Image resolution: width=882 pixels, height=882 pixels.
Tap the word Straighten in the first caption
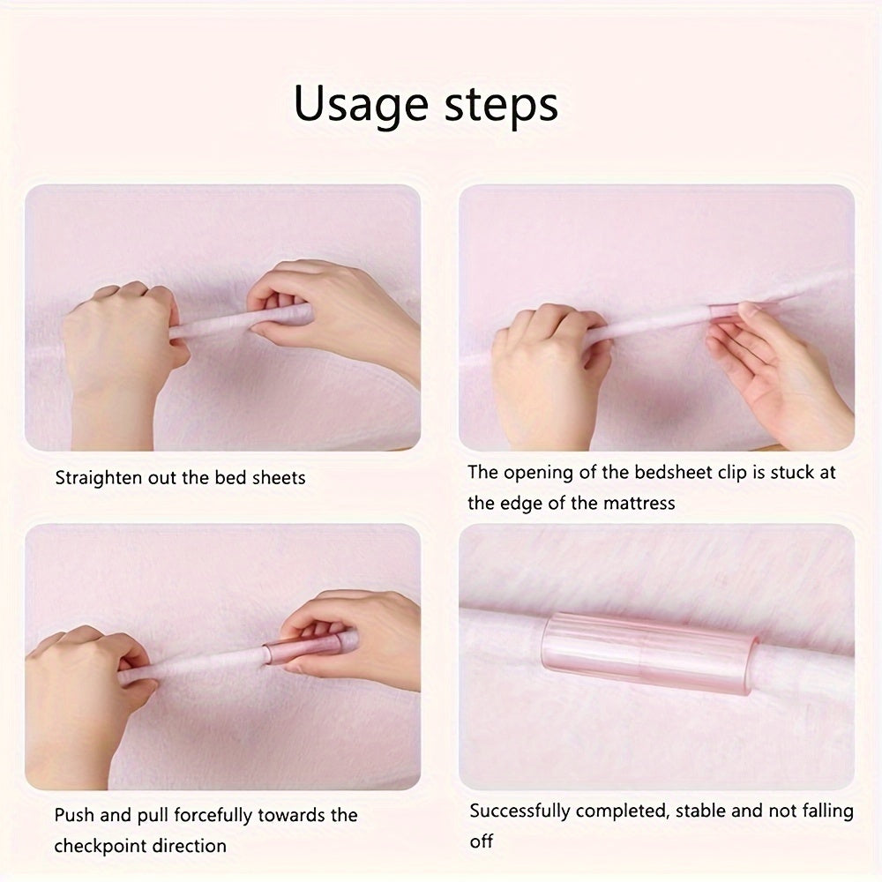(x=99, y=478)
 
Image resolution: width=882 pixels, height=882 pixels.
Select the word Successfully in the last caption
(x=521, y=811)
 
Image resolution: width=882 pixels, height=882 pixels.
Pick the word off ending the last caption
(x=481, y=841)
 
